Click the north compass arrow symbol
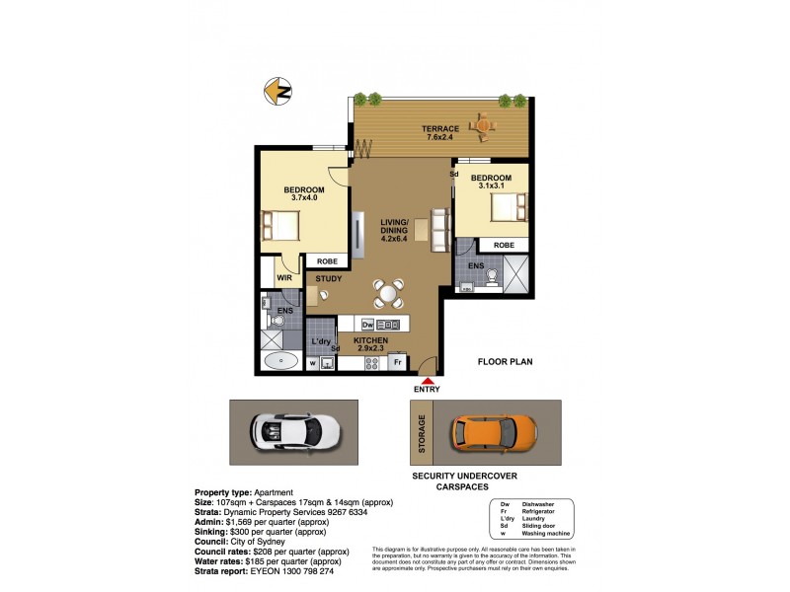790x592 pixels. pyautogui.click(x=280, y=92)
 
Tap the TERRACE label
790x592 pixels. pyautogui.click(x=440, y=129)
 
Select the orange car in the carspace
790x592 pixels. pyautogui.click(x=494, y=431)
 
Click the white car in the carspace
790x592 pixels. pyautogui.click(x=295, y=431)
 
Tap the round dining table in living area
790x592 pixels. pyautogui.click(x=388, y=293)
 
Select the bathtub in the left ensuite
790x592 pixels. pyautogui.click(x=283, y=360)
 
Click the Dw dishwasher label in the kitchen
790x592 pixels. pyautogui.click(x=367, y=324)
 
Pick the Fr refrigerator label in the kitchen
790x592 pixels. pyautogui.click(x=398, y=362)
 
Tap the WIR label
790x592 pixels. pyautogui.click(x=283, y=278)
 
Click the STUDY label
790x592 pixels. pyautogui.click(x=329, y=278)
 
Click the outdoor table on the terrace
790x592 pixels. pyautogui.click(x=481, y=125)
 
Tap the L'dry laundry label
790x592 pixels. pyautogui.click(x=321, y=341)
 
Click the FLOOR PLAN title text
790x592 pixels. pyautogui.click(x=506, y=362)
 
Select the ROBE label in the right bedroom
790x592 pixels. pyautogui.click(x=504, y=245)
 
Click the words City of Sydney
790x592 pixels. pyautogui.click(x=286, y=543)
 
